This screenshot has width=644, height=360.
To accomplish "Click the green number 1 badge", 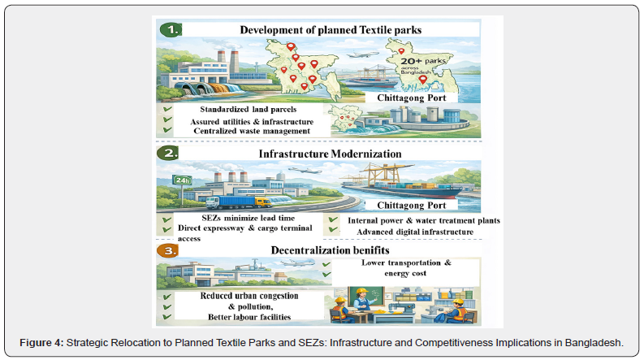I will [170, 29].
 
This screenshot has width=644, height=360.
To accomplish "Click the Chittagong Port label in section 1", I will [416, 98].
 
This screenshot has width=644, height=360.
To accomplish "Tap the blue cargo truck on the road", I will [235, 199].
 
